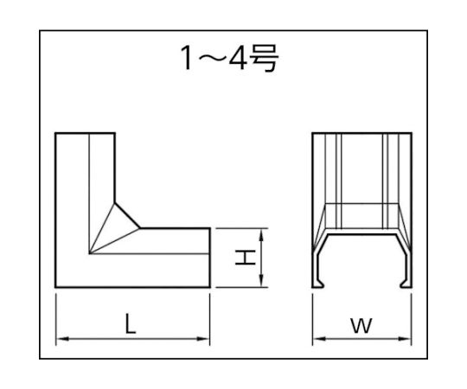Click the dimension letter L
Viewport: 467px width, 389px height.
click(131, 323)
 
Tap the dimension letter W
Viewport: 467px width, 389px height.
click(361, 325)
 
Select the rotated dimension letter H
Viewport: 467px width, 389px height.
click(246, 258)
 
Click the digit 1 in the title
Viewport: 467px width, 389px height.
click(187, 58)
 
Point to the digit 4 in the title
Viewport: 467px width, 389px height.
click(238, 58)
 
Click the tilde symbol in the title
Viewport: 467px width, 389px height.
click(210, 59)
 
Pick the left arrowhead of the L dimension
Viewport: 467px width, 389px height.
click(62, 339)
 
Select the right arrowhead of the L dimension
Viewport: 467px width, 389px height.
click(203, 339)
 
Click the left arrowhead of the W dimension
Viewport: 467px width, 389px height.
click(319, 339)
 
